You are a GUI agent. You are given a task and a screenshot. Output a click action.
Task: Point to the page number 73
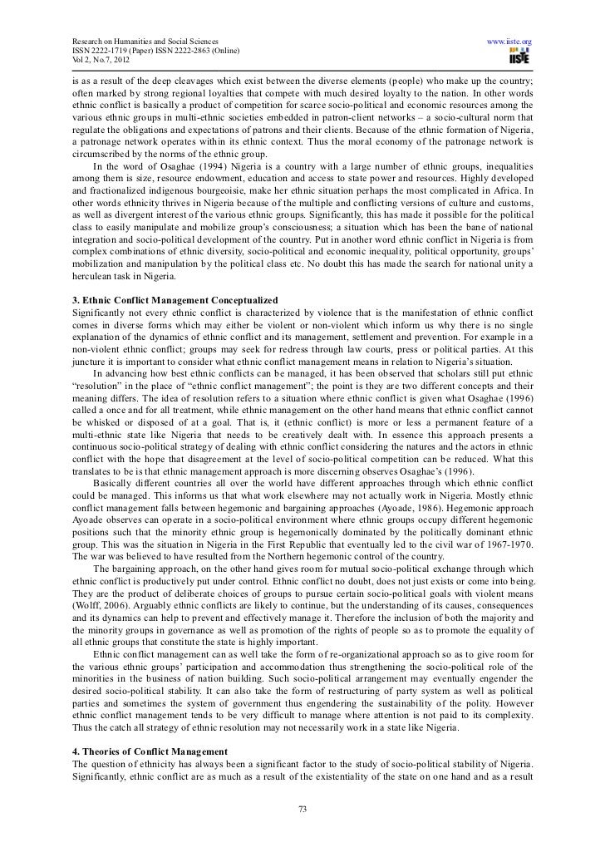click(302, 810)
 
